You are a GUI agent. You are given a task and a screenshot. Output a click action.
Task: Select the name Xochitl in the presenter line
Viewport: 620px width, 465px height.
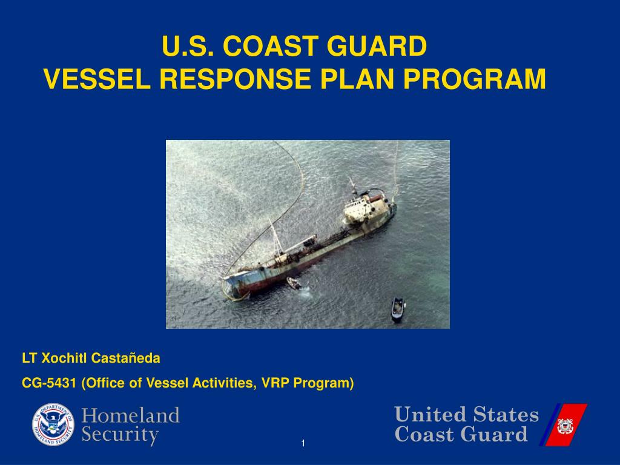click(x=65, y=358)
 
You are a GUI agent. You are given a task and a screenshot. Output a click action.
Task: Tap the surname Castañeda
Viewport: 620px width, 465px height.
click(x=126, y=358)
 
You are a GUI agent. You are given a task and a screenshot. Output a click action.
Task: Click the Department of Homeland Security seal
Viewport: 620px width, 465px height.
click(x=53, y=424)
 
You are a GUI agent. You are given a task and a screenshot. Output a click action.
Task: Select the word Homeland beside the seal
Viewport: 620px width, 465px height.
click(x=131, y=416)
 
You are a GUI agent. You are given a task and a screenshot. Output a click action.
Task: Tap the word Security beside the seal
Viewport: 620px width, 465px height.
click(x=120, y=435)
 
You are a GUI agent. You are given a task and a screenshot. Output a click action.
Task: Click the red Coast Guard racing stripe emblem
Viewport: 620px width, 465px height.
click(x=566, y=425)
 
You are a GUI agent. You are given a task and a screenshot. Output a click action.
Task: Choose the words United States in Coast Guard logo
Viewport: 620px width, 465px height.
click(x=466, y=415)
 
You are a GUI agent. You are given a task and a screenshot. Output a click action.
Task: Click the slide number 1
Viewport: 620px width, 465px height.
click(x=303, y=445)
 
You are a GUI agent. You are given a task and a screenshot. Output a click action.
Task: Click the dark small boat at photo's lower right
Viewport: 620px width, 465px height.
click(x=397, y=309)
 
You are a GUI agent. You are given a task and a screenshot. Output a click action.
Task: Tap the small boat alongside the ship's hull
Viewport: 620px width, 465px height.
click(x=294, y=283)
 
